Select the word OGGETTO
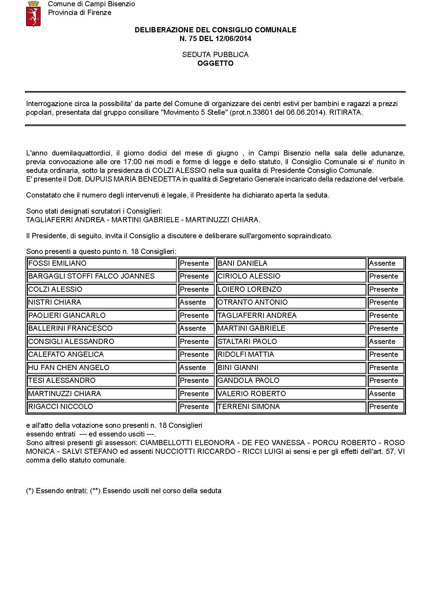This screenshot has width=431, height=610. click(215, 63)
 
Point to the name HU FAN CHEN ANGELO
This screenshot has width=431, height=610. click(69, 368)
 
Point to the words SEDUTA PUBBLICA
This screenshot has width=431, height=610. click(215, 55)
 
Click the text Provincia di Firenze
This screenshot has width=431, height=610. click(80, 13)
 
